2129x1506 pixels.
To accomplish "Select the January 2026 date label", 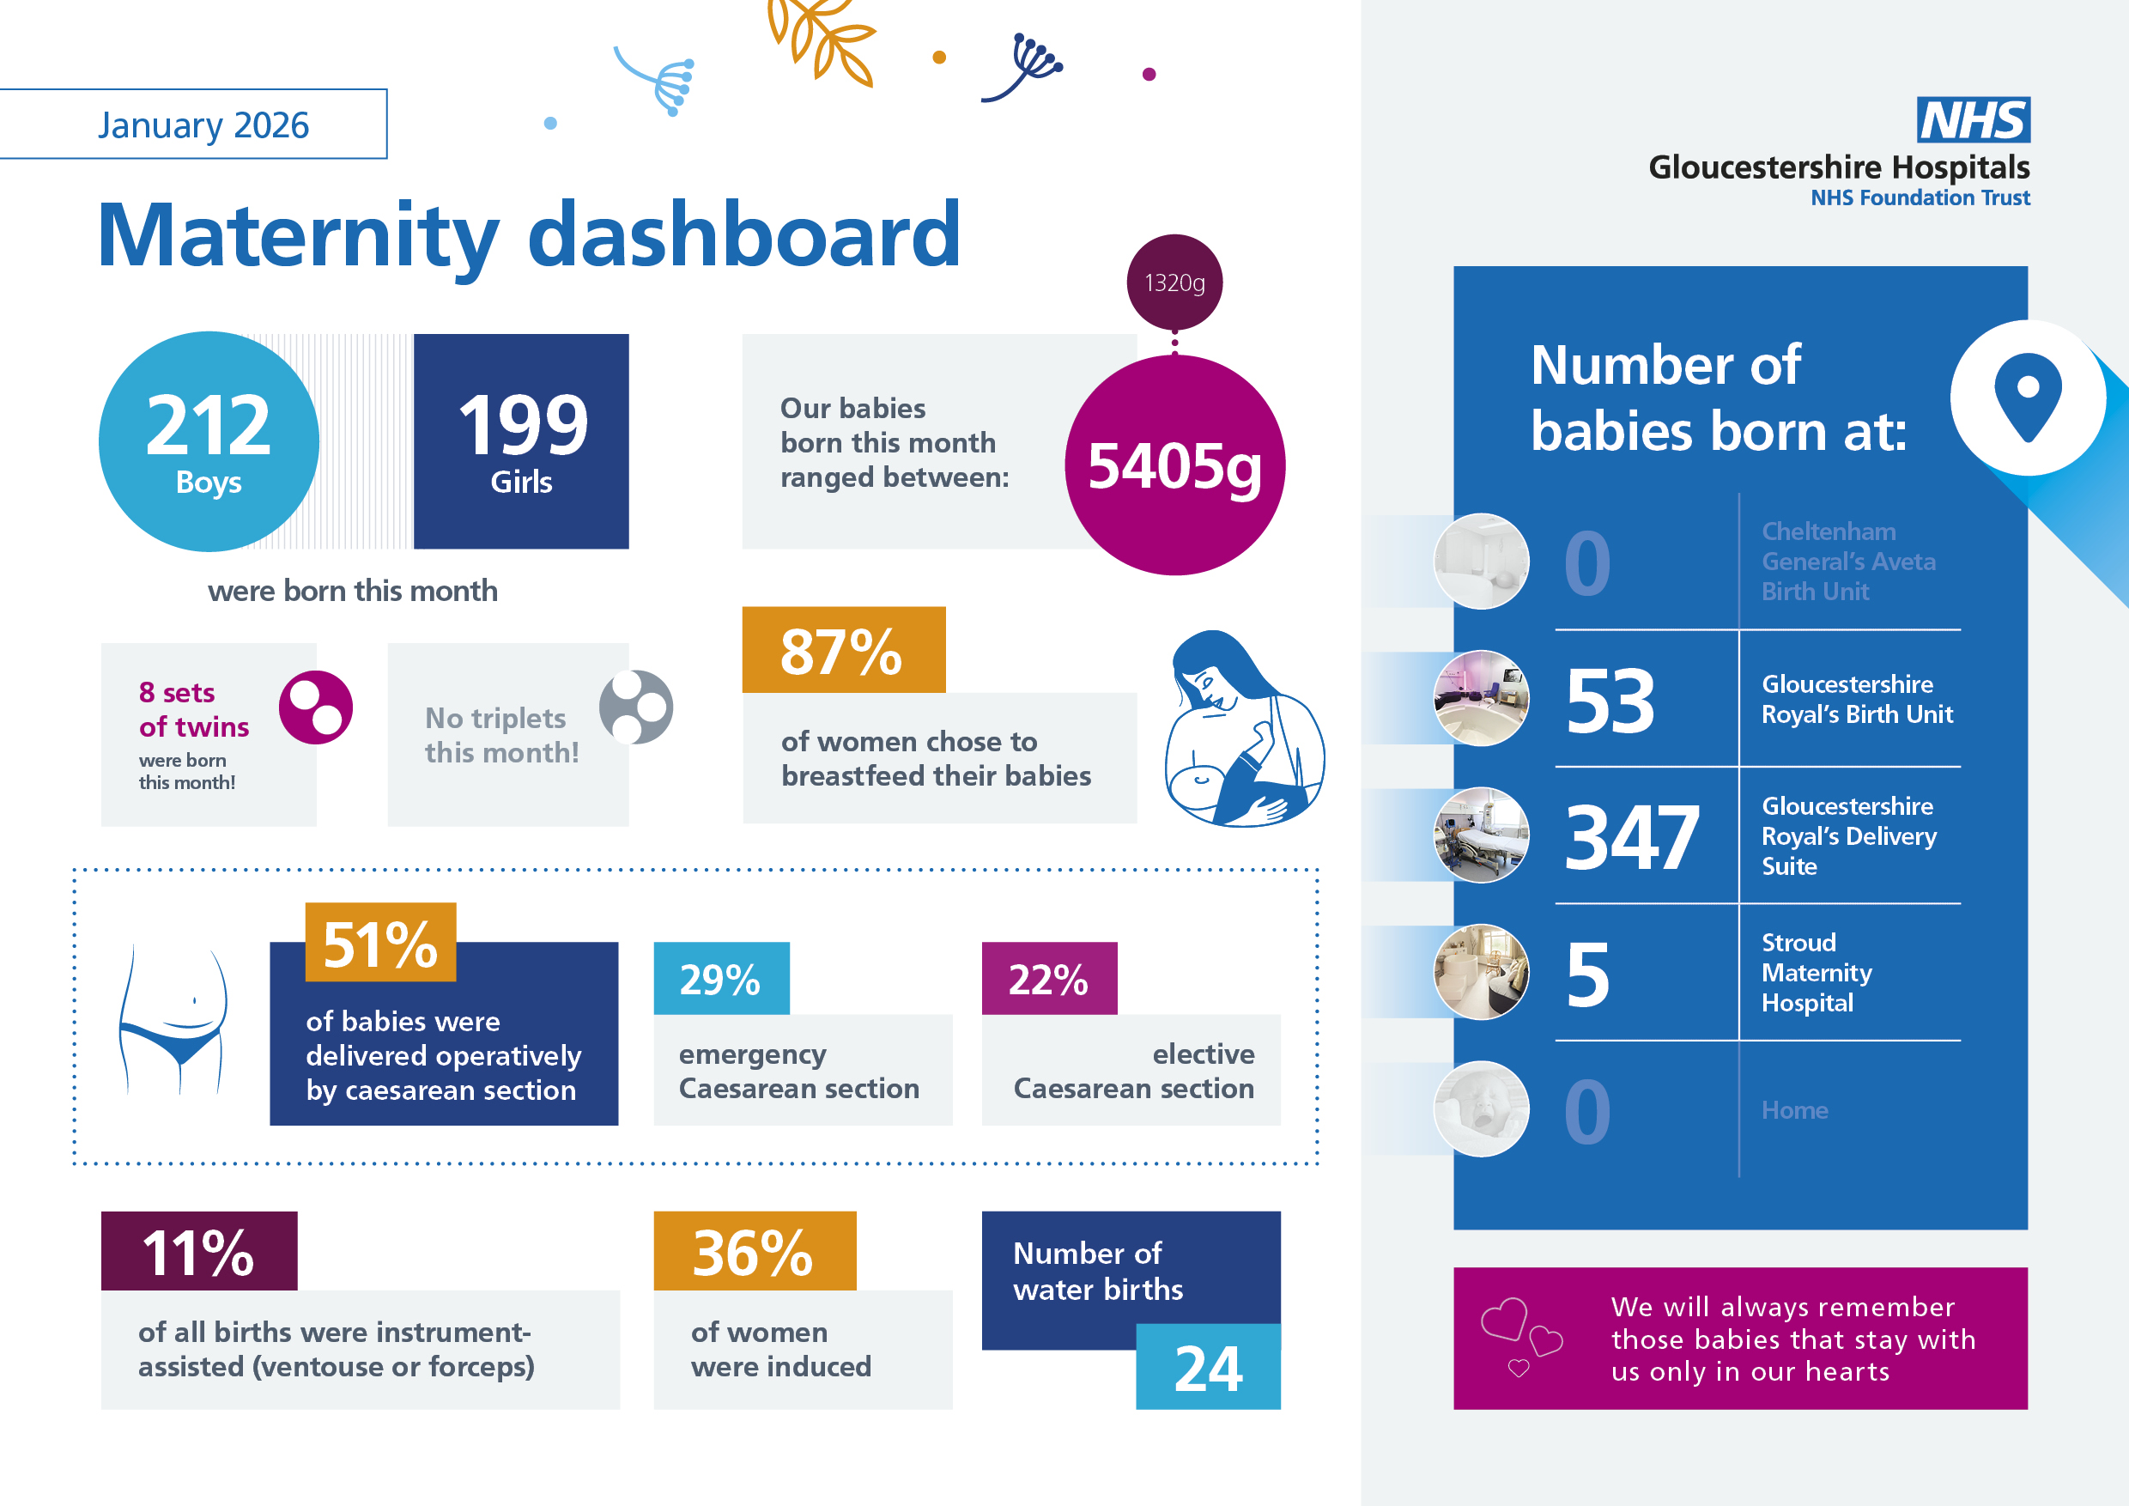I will tap(203, 125).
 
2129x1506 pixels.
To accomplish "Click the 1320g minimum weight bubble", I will tap(1174, 282).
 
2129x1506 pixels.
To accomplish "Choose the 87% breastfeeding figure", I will tap(841, 651).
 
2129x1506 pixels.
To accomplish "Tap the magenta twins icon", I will tap(315, 707).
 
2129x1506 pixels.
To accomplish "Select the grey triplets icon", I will tap(636, 707).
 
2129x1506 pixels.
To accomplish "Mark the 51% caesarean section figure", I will tap(380, 944).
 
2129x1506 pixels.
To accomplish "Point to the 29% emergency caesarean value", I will tap(720, 980).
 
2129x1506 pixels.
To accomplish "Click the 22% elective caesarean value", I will tap(1049, 980).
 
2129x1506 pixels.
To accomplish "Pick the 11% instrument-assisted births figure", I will tap(198, 1253).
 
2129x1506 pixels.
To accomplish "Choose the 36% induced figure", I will tap(753, 1253).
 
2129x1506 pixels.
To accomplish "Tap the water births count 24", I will tap(1207, 1368).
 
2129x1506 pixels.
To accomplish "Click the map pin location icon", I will tap(2028, 397).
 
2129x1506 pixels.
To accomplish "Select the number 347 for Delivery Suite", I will tap(1632, 837).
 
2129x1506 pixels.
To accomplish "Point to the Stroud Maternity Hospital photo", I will tap(1481, 972).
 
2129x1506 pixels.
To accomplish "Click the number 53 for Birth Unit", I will tap(1610, 701).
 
